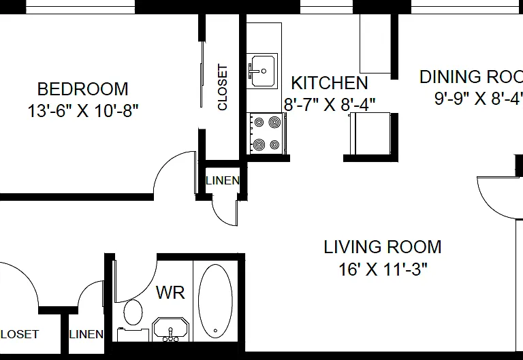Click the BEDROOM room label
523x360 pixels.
click(82, 89)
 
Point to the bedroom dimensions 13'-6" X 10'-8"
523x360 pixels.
click(82, 111)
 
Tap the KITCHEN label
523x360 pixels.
click(330, 83)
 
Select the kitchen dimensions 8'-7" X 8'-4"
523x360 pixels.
click(330, 104)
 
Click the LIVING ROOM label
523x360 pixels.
click(383, 247)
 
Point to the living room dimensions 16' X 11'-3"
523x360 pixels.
click(383, 269)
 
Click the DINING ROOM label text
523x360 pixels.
click(471, 77)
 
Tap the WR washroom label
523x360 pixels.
click(170, 293)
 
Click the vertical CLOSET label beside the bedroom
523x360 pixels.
click(223, 87)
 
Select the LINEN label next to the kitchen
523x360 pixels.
click(223, 180)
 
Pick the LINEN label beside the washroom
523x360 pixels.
click(86, 334)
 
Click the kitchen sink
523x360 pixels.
click(262, 71)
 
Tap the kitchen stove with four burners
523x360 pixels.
click(266, 133)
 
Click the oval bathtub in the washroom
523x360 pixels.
click(215, 301)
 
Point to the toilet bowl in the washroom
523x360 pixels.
click(133, 312)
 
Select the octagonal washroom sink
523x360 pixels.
click(170, 329)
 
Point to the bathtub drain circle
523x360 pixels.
click(215, 331)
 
